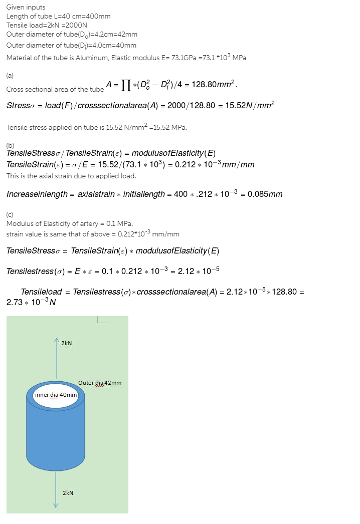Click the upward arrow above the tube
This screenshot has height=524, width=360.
pos(56,351)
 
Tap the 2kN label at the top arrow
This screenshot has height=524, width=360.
pos(66,343)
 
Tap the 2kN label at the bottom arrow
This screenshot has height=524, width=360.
pos(68,493)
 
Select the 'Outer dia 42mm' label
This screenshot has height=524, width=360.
pos(100,383)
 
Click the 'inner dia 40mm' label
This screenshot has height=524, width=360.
pos(56,395)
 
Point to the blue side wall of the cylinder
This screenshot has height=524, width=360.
pos(56,436)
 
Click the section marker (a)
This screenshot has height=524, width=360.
pos(10,75)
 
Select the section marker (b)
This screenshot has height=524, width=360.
pos(10,145)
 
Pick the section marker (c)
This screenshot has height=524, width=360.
pos(10,214)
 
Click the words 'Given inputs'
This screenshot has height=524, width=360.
pos(26,7)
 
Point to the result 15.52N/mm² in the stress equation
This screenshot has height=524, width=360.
pos(250,106)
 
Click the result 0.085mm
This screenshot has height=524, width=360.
pos(265,194)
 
